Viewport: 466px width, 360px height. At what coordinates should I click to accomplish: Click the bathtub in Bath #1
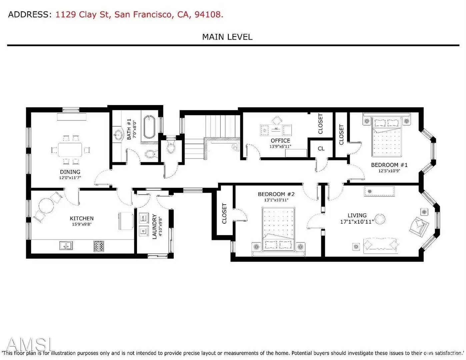149,127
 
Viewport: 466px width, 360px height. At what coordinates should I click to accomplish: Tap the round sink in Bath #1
118,135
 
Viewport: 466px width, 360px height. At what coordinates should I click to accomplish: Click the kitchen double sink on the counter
66,246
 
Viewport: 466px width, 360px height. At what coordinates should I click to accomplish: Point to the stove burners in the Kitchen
99,246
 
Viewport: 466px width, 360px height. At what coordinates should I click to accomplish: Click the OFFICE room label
280,141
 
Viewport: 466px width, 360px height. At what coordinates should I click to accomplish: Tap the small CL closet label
321,149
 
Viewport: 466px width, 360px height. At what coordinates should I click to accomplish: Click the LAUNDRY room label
155,227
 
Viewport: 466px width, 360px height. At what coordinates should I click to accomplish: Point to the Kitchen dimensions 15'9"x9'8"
82,224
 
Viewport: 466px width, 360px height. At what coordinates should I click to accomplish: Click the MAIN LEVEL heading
227,37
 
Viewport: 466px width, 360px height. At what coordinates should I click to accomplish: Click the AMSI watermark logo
29,345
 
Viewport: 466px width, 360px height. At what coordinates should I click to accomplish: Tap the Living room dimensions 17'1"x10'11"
357,221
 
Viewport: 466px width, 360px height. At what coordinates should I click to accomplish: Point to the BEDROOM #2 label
276,194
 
